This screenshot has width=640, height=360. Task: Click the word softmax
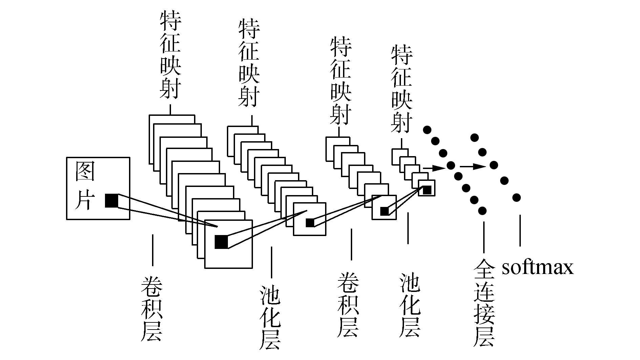pyautogui.click(x=537, y=268)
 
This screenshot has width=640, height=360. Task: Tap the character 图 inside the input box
pyautogui.click(x=85, y=171)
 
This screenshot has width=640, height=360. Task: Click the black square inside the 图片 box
pyautogui.click(x=111, y=200)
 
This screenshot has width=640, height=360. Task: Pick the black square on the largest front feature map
pyautogui.click(x=221, y=242)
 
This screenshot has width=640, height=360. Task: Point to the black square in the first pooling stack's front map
pyautogui.click(x=310, y=223)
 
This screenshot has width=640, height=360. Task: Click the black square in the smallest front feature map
pyautogui.click(x=427, y=190)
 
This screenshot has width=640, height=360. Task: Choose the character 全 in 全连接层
pyautogui.click(x=484, y=269)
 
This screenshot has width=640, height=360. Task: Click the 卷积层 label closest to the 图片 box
pyautogui.click(x=151, y=308)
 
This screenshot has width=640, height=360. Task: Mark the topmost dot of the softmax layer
pyautogui.click(x=474, y=137)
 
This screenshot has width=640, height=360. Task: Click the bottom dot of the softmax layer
pyautogui.click(x=516, y=197)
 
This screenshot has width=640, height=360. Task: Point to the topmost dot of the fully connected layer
pyautogui.click(x=427, y=130)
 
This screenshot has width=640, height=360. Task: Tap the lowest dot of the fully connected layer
pyautogui.click(x=482, y=211)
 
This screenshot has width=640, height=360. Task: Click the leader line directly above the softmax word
pyautogui.click(x=520, y=230)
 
